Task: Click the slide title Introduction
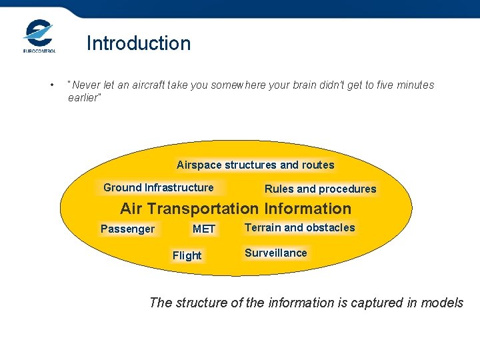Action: coord(139,43)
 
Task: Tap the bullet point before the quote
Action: coord(51,85)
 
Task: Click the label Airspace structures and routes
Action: coord(255,165)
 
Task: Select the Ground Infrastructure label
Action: coord(159,187)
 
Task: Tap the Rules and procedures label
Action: coord(320,189)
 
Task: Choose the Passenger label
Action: coord(127,229)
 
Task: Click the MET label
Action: coord(204,229)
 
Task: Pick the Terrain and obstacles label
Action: coord(299,227)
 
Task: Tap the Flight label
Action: coord(187,255)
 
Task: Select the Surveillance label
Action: coord(275,253)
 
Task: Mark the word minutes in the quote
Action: coord(413,85)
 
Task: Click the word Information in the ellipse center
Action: coord(307,209)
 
